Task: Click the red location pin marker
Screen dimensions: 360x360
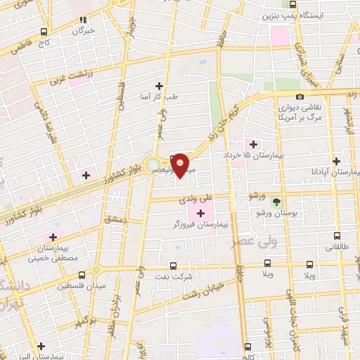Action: coord(181,165)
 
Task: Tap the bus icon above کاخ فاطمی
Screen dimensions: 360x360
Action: coord(44,32)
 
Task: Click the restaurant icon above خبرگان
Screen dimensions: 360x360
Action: coord(84,20)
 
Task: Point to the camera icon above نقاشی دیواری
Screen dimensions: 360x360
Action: coord(300,96)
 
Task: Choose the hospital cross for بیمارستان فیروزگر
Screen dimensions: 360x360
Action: coord(202,212)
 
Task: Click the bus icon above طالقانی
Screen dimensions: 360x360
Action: coord(336,236)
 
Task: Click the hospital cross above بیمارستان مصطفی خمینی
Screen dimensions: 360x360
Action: coord(52,237)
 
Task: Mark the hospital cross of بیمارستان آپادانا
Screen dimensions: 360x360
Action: coord(336,160)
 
